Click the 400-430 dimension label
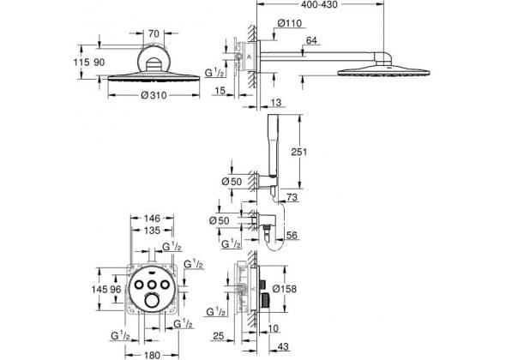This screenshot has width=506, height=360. tap(319, 4)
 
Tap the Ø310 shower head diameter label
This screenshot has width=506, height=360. tap(154, 95)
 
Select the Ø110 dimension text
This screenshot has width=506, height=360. tap(290, 23)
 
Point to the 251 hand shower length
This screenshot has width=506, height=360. tap(298, 152)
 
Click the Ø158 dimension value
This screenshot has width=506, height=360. tap(284, 288)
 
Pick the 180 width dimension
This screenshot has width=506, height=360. tap(152, 355)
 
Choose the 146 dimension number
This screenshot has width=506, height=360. tap(152, 219)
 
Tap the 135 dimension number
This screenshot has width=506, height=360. tap(152, 231)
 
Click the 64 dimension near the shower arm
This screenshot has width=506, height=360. tap(311, 40)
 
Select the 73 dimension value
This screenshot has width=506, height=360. tap(292, 197)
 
